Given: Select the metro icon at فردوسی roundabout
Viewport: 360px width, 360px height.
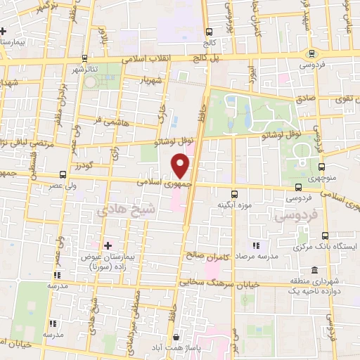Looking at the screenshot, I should (311, 53).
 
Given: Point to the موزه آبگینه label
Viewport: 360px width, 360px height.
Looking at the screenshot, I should (235, 205).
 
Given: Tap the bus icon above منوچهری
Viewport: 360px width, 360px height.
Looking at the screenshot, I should (321, 166).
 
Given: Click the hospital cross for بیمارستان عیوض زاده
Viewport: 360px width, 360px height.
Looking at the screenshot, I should (107, 245).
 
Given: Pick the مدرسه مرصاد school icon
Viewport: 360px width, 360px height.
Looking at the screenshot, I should (257, 245).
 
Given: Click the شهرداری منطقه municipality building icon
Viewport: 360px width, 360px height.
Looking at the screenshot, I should (313, 271).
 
